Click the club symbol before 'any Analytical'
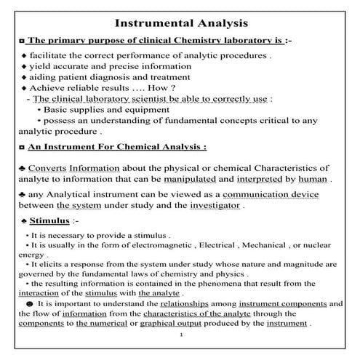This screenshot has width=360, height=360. (x=22, y=195)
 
